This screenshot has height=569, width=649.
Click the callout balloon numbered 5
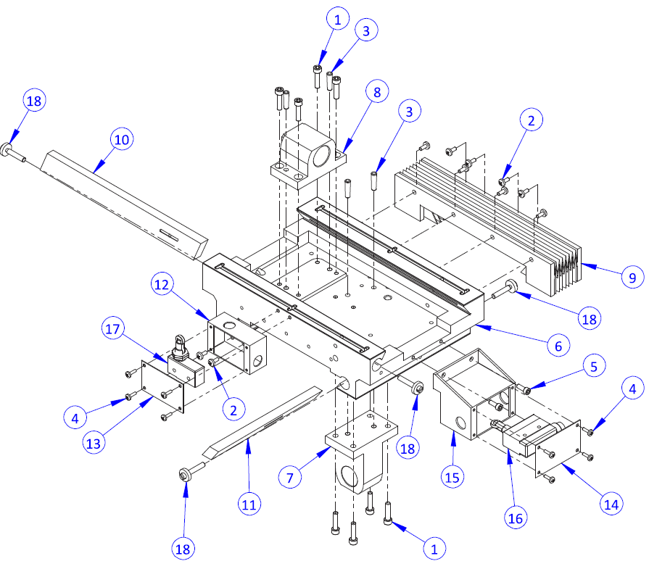pos(594,367)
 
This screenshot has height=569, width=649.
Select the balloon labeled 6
pos(558,346)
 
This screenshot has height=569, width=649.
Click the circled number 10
pos(122,139)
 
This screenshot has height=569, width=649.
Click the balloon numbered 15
pos(454,477)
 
